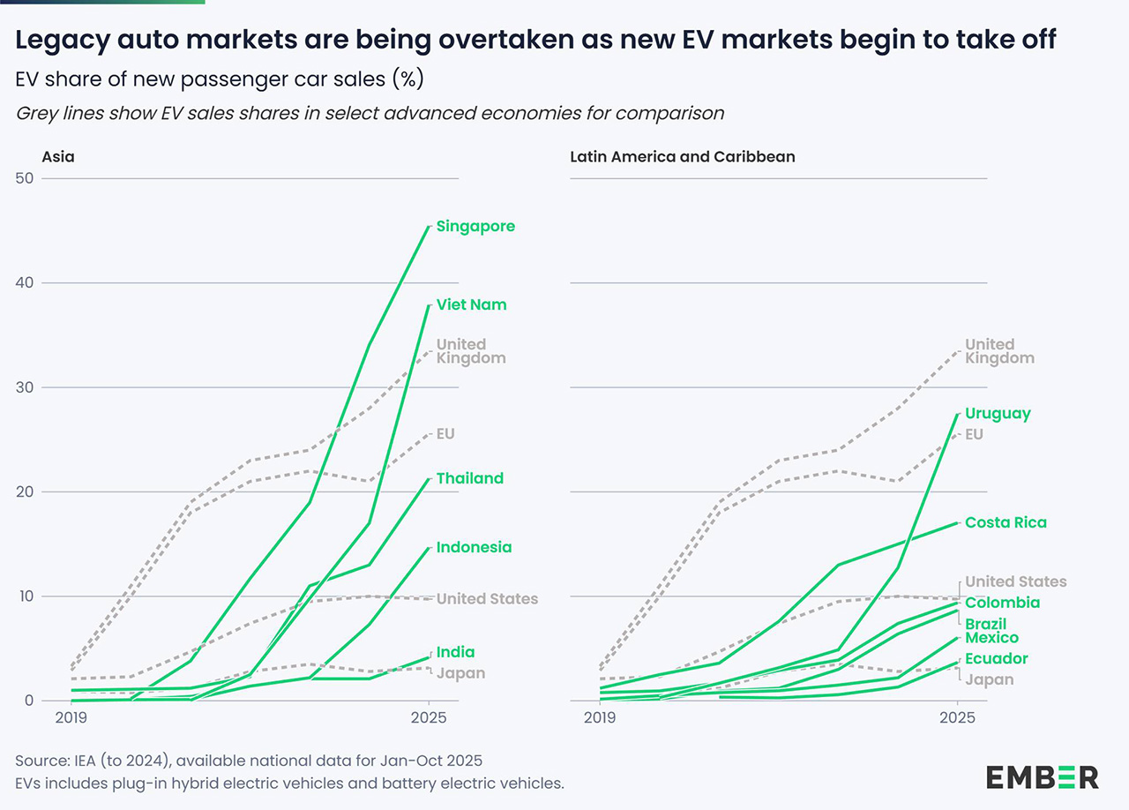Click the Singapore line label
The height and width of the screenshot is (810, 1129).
[475, 227]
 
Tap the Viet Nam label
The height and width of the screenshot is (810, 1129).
[472, 305]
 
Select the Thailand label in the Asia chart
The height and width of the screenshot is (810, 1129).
[470, 478]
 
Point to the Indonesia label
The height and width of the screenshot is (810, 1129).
[474, 547]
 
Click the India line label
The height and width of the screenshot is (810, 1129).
[456, 652]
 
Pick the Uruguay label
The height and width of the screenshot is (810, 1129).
[998, 413]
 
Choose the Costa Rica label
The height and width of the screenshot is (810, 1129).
[1006, 522]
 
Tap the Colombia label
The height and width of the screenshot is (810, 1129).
[1002, 603]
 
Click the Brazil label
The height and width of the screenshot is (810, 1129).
[986, 624]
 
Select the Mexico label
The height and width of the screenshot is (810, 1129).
[991, 638]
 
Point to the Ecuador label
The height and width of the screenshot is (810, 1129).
[996, 658]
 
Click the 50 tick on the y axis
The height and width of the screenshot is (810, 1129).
[24, 178]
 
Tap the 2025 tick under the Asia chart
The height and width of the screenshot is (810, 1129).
[429, 718]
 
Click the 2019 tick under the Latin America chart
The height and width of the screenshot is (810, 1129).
[599, 718]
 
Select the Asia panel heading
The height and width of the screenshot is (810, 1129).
[58, 157]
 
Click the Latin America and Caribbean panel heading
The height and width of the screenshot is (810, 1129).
[683, 157]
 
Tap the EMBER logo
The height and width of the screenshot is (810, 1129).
[1043, 777]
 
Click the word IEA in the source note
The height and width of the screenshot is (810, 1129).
[81, 761]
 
